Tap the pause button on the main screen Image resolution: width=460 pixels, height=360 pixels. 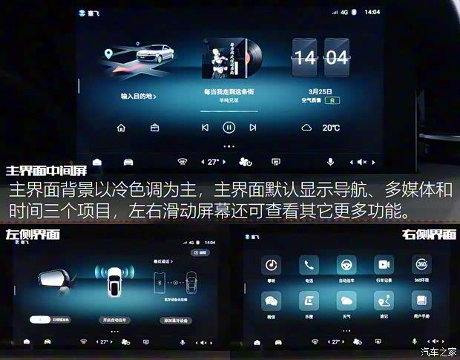pyautogui.click(x=229, y=128)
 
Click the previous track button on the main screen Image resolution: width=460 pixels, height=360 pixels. pyautogui.click(x=205, y=128)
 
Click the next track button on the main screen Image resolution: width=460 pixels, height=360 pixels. pyautogui.click(x=253, y=128)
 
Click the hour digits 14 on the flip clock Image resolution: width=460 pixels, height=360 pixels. pyautogui.click(x=305, y=58)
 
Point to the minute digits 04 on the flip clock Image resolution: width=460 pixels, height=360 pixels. pyautogui.click(x=335, y=58)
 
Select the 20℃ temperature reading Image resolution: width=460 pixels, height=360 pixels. pyautogui.click(x=331, y=128)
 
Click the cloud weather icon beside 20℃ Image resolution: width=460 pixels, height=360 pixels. pyautogui.click(x=306, y=128)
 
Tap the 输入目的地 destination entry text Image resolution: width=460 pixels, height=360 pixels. pyautogui.click(x=139, y=96)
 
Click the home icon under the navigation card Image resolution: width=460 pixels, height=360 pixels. pyautogui.click(x=121, y=128)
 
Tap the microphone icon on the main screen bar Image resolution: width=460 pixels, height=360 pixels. pyautogui.click(x=330, y=162)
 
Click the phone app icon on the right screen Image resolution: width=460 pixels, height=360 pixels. pyautogui.click(x=309, y=265)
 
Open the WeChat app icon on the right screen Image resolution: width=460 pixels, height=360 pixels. pyautogui.click(x=272, y=301)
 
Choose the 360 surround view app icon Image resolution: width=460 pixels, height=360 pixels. pyautogui.click(x=421, y=265)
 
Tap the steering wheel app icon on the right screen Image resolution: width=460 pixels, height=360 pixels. pyautogui.click(x=346, y=265)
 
